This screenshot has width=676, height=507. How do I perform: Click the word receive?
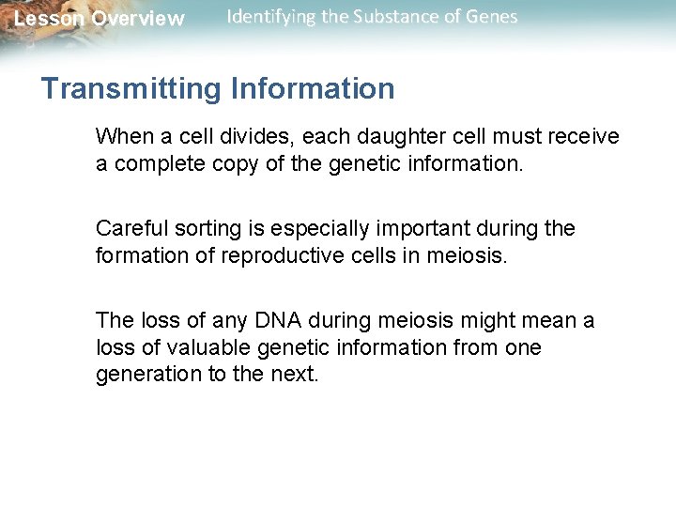(x=585, y=137)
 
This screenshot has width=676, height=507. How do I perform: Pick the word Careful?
(x=129, y=229)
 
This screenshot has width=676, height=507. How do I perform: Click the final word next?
(x=299, y=374)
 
